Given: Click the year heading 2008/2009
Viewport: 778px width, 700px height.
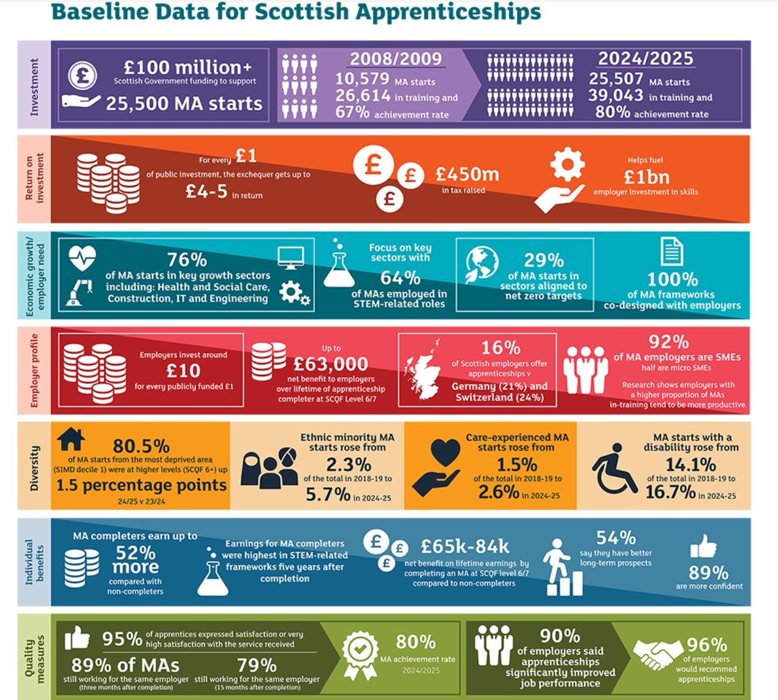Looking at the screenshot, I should point(396,59).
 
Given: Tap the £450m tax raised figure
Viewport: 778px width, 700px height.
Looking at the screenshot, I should point(467,175).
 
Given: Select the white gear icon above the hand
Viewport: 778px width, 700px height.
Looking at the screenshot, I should point(567,165).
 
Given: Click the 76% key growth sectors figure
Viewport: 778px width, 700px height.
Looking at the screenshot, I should point(187,260).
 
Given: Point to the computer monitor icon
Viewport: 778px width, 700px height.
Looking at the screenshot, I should point(291,257).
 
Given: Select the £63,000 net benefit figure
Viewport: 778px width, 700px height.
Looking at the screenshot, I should point(331,364).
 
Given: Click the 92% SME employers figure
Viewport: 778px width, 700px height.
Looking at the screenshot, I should point(669,341).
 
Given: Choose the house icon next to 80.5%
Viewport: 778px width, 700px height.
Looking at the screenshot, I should point(71,439).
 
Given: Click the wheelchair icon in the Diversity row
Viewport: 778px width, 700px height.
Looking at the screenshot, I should point(614,469).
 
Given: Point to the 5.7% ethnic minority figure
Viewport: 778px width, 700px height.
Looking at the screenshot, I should point(327,495).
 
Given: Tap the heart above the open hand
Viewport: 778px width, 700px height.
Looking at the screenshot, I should point(446,453).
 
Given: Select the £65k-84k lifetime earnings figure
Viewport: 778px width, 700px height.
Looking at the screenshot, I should point(465,546).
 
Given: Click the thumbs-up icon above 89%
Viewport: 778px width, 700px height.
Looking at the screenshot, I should point(703,546).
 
